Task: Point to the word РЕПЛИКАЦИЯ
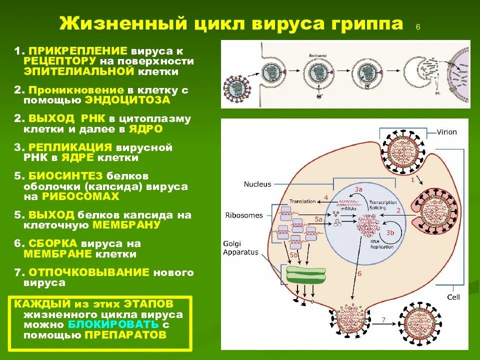(x=69, y=147)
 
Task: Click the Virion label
(x=446, y=132)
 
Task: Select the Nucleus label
(x=257, y=184)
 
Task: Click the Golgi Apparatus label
(x=240, y=248)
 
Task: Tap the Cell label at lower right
(x=453, y=297)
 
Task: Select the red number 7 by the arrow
(x=383, y=319)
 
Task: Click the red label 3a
(x=358, y=189)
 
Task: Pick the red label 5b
(x=293, y=255)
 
